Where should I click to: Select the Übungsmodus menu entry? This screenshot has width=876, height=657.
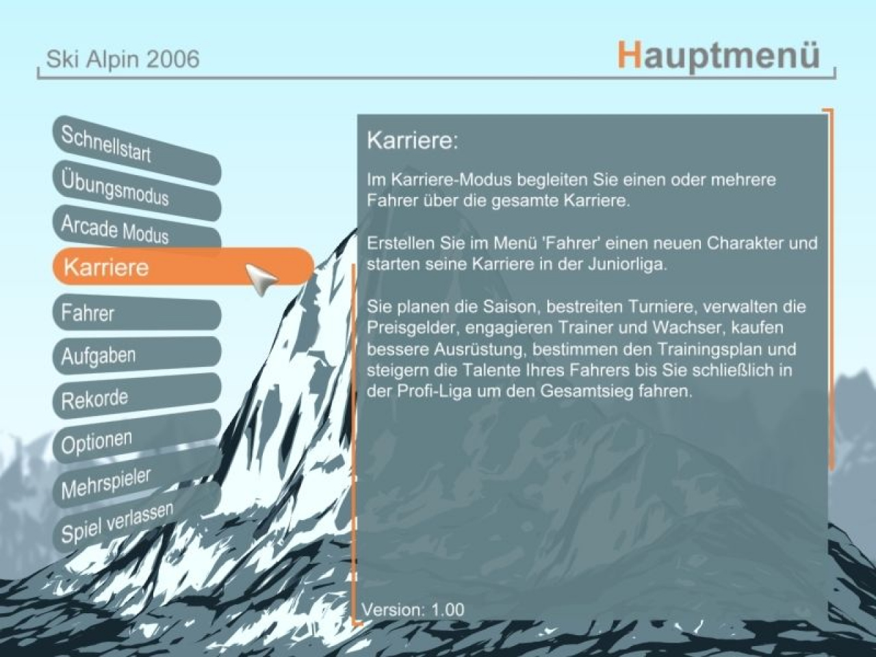click(136, 190)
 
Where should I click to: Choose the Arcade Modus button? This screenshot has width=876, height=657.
click(136, 231)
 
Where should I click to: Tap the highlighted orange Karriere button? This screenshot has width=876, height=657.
click(183, 266)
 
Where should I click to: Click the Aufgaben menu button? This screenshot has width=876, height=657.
click(136, 355)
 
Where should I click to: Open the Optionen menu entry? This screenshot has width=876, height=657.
click(136, 437)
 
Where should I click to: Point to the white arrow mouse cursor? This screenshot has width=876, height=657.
click(261, 279)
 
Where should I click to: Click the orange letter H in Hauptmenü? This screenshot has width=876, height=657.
click(630, 55)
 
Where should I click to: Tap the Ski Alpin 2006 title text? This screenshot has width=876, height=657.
click(123, 59)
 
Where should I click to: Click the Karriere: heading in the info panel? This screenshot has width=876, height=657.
click(413, 140)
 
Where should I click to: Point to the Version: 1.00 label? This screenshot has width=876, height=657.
click(413, 609)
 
